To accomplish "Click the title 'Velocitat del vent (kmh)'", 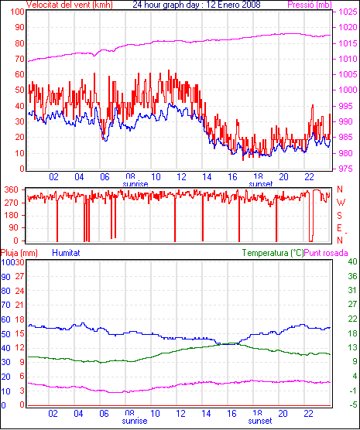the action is click(70, 5).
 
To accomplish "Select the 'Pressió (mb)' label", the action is click(310, 5).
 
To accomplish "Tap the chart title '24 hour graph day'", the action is click(168, 5).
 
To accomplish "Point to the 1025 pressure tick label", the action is click(348, 12).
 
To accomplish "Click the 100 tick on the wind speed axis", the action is click(17, 12).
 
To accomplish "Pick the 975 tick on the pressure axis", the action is click(346, 169).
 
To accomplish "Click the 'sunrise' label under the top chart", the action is click(135, 184).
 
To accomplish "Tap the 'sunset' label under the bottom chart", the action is click(260, 421).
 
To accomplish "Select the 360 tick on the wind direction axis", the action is click(12, 189).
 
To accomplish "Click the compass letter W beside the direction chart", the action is click(341, 203).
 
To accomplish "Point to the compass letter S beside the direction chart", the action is click(339, 216).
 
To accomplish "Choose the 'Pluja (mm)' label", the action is click(19, 253).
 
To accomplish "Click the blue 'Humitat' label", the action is click(66, 253).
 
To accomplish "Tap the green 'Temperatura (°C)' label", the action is click(273, 253).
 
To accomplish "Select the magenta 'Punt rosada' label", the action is click(326, 253).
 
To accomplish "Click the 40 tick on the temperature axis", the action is click(352, 261).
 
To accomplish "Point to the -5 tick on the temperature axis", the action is click(353, 404).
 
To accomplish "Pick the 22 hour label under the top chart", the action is click(309, 177).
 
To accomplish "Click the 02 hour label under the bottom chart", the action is click(53, 413).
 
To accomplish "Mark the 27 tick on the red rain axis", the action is click(19, 276).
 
